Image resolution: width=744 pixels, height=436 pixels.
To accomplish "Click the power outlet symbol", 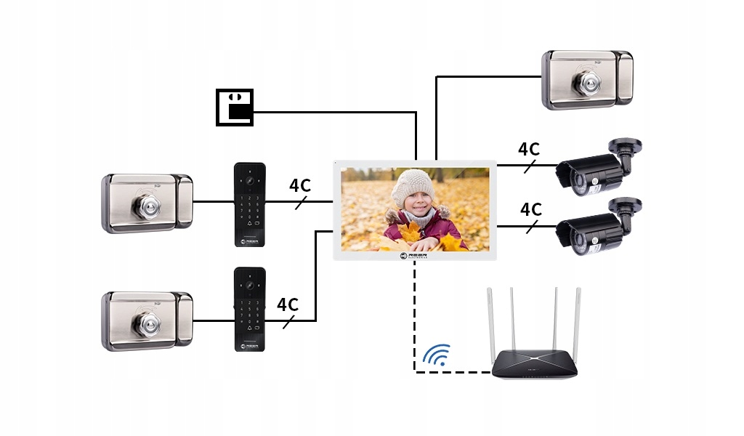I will click(235, 108).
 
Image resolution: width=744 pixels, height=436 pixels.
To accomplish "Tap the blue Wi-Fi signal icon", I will click(437, 355).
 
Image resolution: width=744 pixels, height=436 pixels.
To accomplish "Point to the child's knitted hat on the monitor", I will click(413, 186).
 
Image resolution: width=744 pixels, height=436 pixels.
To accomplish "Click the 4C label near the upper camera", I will click(529, 149).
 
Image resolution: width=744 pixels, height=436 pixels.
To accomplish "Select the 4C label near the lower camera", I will click(531, 209).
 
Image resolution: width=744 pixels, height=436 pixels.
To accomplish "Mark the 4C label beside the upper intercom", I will click(300, 185).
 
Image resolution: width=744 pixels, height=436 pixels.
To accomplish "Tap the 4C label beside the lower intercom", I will click(288, 304).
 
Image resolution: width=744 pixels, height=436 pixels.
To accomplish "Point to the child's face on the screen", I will click(416, 206).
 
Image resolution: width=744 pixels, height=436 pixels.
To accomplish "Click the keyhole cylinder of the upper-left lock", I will click(145, 205).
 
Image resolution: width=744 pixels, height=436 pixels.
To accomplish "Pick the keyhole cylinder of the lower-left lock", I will click(145, 322).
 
